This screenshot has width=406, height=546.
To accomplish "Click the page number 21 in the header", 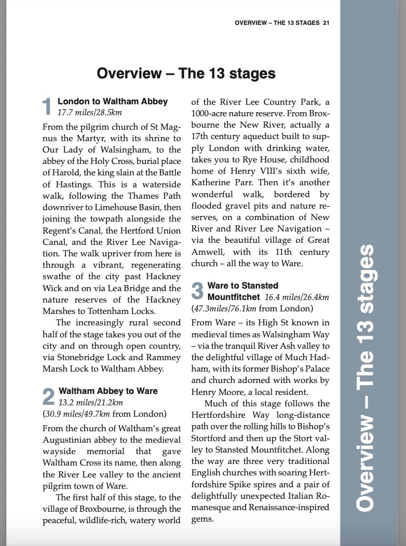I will tap(326, 23).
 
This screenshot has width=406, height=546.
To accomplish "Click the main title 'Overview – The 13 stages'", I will tap(186, 73).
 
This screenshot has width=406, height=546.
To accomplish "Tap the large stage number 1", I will tap(47, 106).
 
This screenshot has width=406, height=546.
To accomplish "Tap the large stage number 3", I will tap(197, 291).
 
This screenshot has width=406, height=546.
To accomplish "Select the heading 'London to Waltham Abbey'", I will tap(113, 101).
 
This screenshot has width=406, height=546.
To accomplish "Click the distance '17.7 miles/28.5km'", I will tap(90, 112).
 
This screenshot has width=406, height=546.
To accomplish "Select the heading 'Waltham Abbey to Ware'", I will tap(108, 391).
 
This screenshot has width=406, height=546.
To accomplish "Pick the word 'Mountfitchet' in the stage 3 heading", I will tap(233, 297).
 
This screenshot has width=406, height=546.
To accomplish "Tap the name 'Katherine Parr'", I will tap(218, 182).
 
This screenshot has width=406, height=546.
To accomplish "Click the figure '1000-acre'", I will tap(212, 113).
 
